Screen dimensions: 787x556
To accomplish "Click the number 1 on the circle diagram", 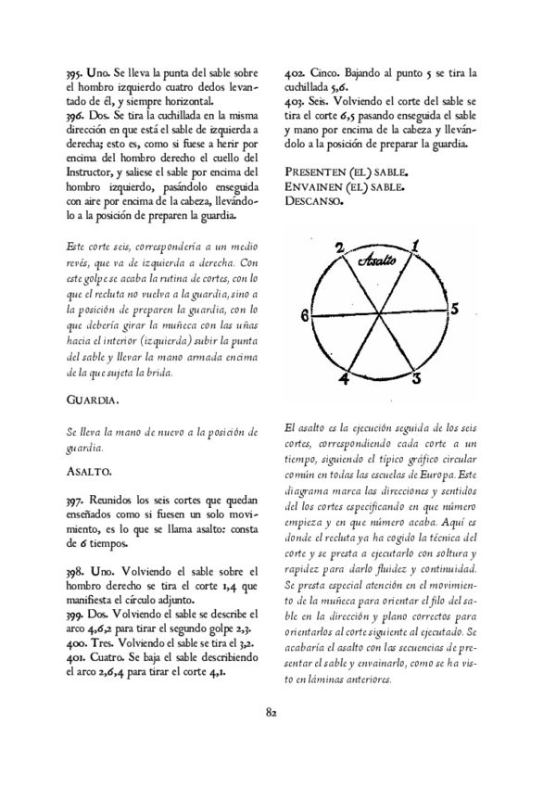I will click(415, 245).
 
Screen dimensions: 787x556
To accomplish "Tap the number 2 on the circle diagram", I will click(340, 248).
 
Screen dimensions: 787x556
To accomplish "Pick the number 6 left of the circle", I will click(305, 315).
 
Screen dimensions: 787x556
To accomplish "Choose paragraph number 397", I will click(55, 499).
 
